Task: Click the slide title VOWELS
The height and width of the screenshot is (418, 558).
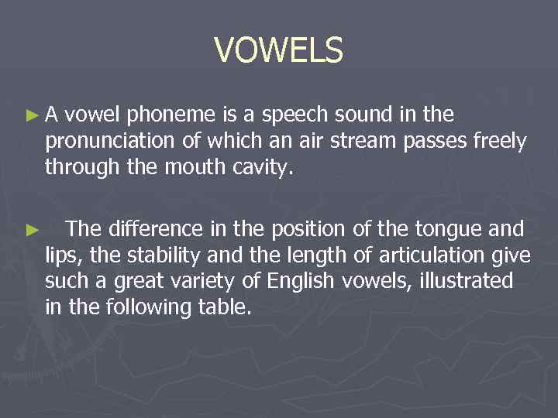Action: point(278,51)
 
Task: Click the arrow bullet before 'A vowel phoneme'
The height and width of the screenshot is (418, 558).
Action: point(31,116)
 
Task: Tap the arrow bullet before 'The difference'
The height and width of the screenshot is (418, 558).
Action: point(31,229)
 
